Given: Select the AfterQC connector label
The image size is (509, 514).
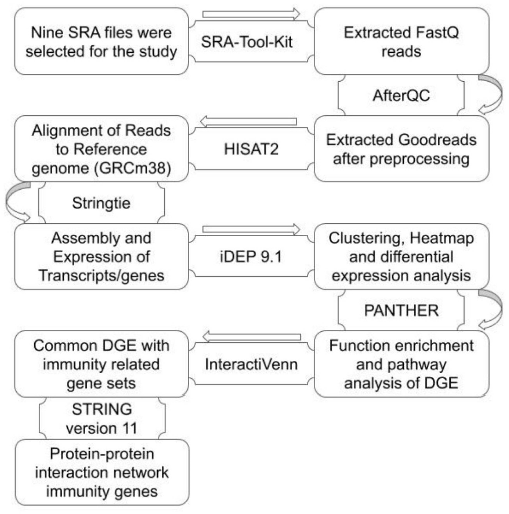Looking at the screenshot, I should point(401,95).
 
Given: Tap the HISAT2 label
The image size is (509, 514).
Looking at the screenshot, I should point(251,149).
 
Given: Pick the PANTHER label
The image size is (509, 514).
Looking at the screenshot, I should point(401,310).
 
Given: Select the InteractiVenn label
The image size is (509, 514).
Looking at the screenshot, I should point(251,364).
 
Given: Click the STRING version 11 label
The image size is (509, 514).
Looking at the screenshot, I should point(102,418).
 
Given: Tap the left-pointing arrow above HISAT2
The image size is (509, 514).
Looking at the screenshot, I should point(248,122).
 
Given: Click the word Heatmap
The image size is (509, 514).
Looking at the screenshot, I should point(441,238).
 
